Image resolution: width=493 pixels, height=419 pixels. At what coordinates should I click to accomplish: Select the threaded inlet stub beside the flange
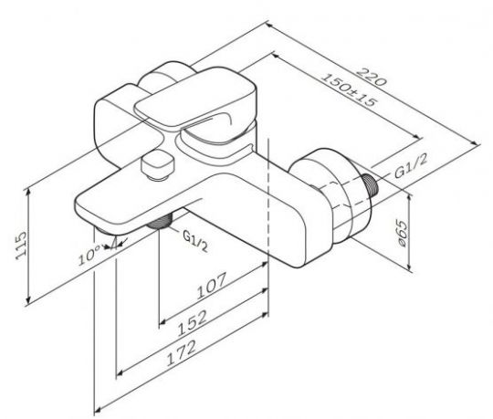click(x=372, y=186)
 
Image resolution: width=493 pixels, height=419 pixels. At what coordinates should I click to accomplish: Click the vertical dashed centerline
click(x=268, y=228)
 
